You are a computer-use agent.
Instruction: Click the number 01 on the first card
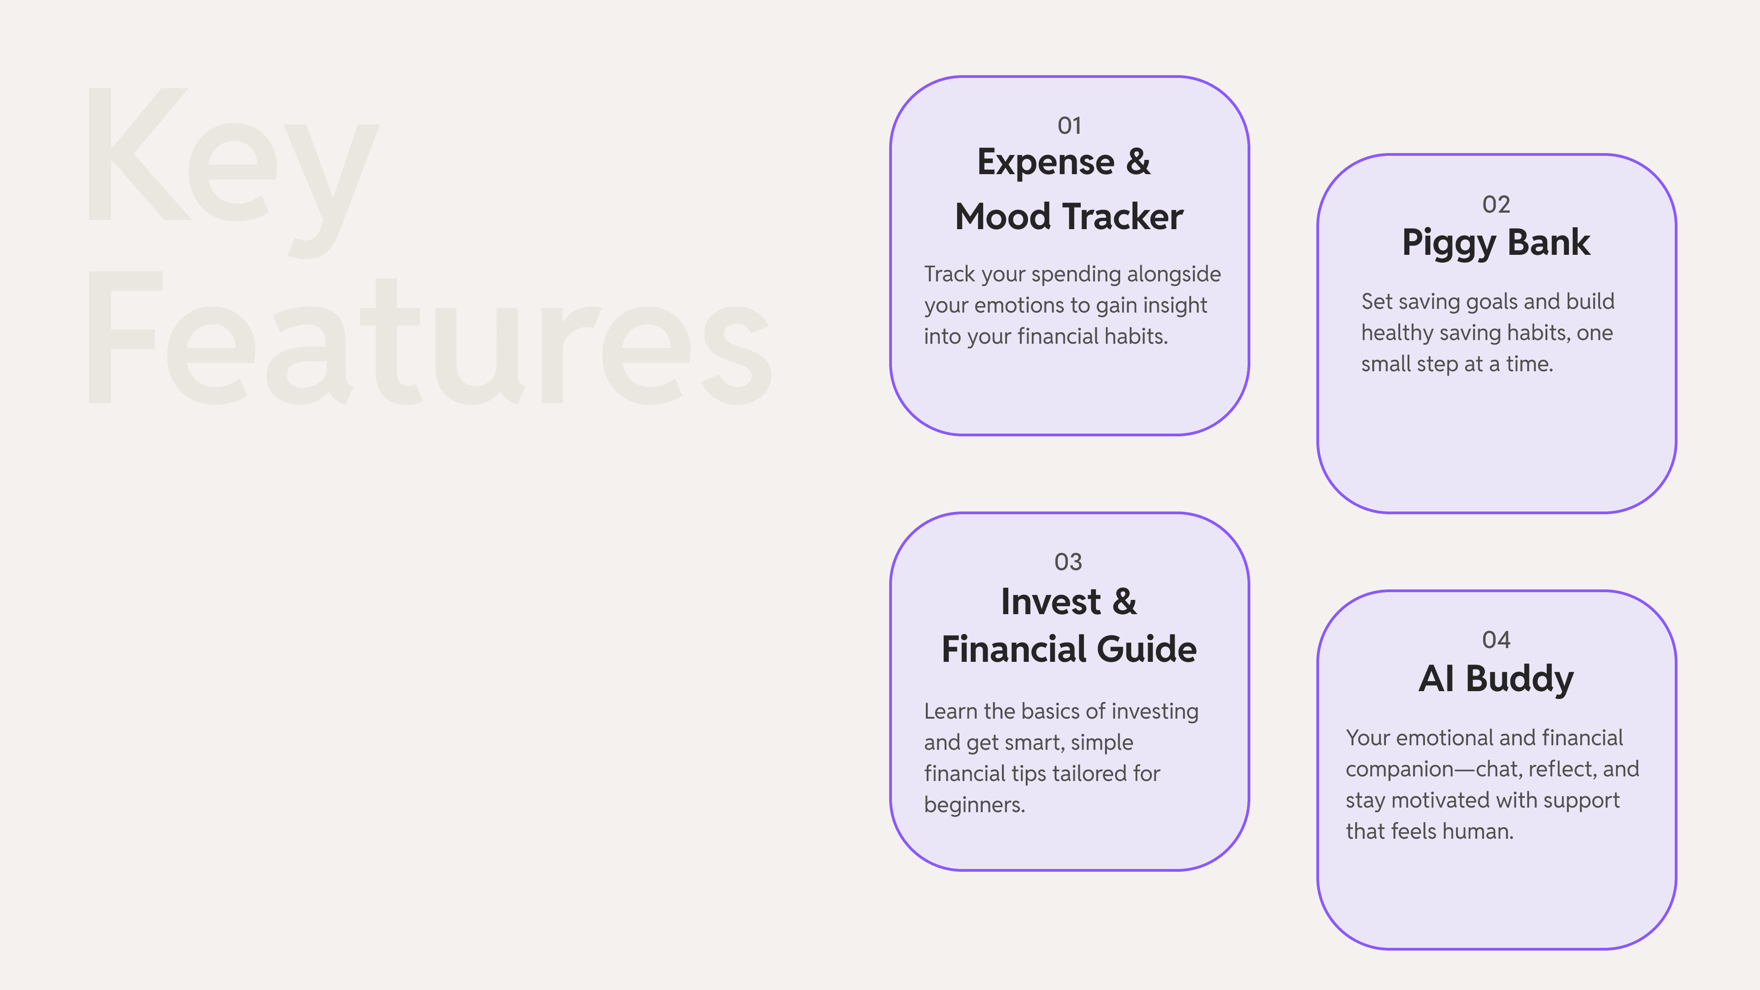(x=1069, y=126)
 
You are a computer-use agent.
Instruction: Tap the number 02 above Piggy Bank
(x=1496, y=204)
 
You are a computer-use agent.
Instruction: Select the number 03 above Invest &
(x=1068, y=561)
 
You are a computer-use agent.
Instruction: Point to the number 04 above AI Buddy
(x=1496, y=640)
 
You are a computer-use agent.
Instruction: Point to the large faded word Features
(x=430, y=338)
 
